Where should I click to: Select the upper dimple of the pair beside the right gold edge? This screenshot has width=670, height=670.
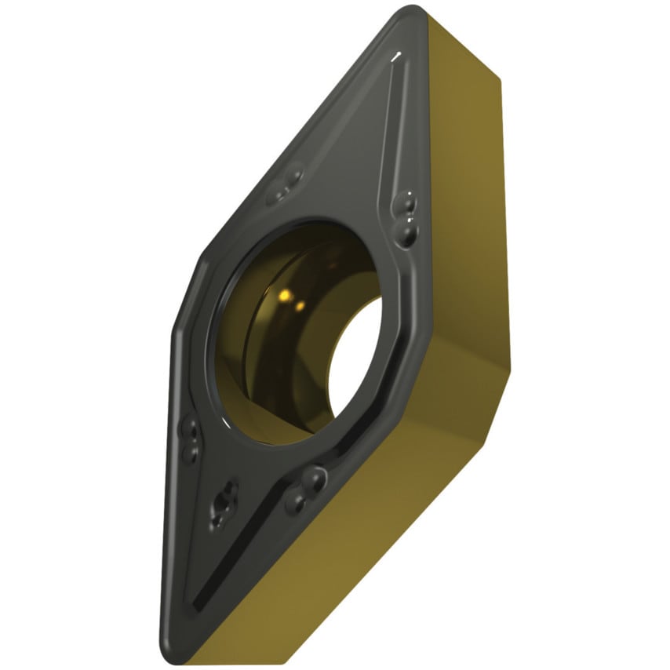(x=407, y=204)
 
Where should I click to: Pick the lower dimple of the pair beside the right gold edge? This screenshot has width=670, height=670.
(x=408, y=231)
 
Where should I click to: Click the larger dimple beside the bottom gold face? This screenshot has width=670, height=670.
(x=314, y=476)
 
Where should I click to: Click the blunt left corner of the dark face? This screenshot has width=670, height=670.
(x=176, y=330)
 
